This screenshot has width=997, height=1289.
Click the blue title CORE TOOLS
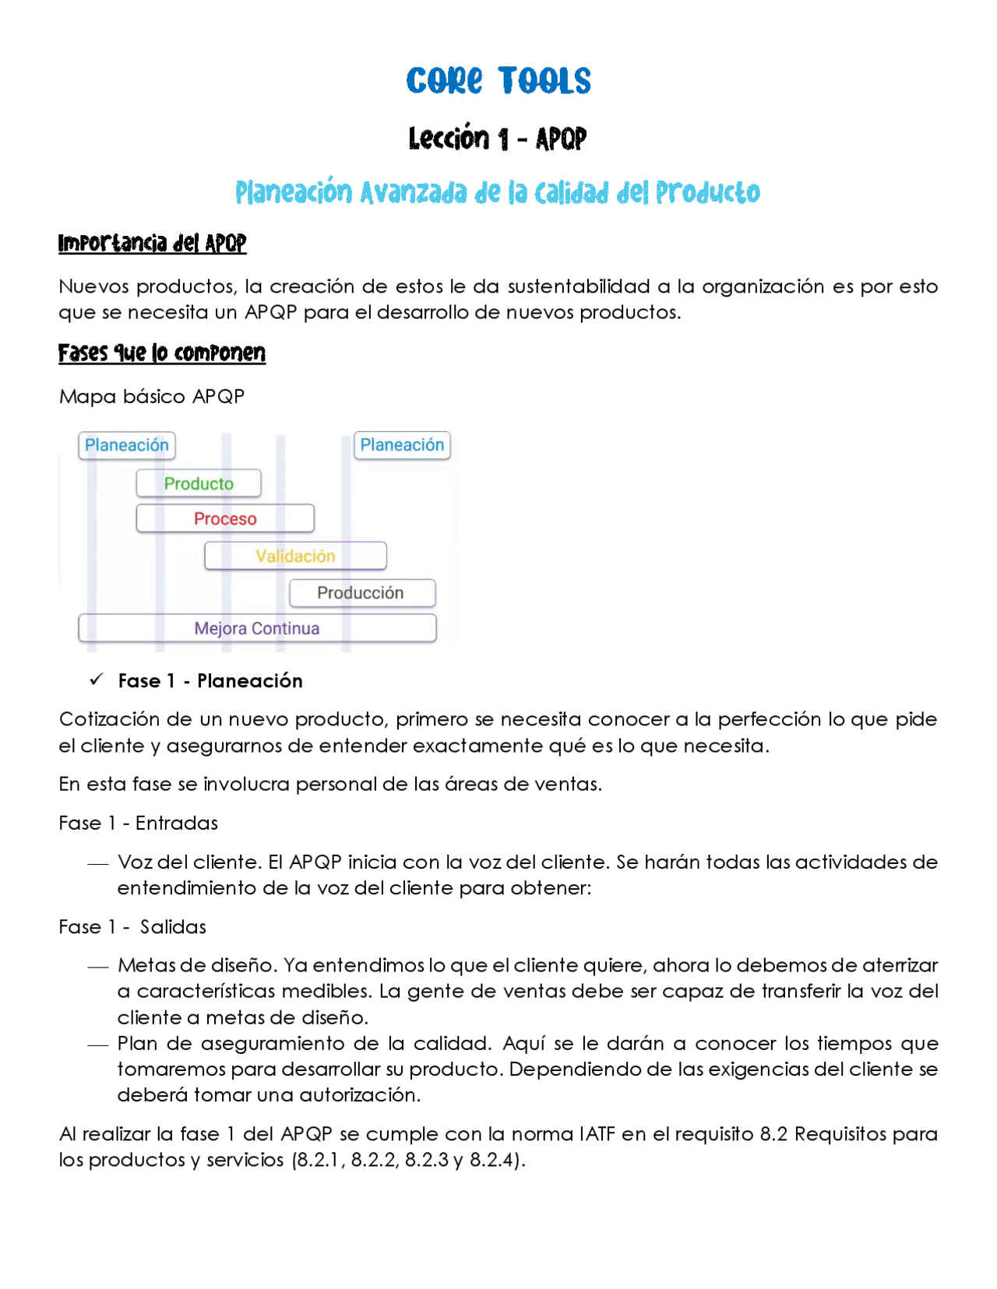[x=498, y=81]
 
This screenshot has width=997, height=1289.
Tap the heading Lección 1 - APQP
[x=498, y=139]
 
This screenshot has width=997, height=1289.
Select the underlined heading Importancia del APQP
[x=152, y=244]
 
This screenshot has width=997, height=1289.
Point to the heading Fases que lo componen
[x=162, y=353]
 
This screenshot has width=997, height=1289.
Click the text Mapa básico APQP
[x=152, y=396]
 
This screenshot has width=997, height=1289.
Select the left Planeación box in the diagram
[x=127, y=445]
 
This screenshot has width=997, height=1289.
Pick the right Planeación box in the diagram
[x=402, y=445]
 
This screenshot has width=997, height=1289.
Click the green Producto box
[x=199, y=483]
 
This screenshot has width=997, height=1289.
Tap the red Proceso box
[x=225, y=518]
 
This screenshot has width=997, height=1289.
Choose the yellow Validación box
[x=295, y=556]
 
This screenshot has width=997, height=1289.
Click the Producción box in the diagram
[x=361, y=593]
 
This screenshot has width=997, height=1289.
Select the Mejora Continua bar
[x=257, y=628]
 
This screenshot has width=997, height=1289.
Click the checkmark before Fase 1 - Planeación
[x=96, y=680]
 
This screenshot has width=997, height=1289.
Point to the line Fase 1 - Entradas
[x=138, y=823]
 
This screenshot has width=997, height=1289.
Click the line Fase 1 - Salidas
[x=132, y=926]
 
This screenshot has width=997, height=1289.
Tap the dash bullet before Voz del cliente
[x=97, y=863]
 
